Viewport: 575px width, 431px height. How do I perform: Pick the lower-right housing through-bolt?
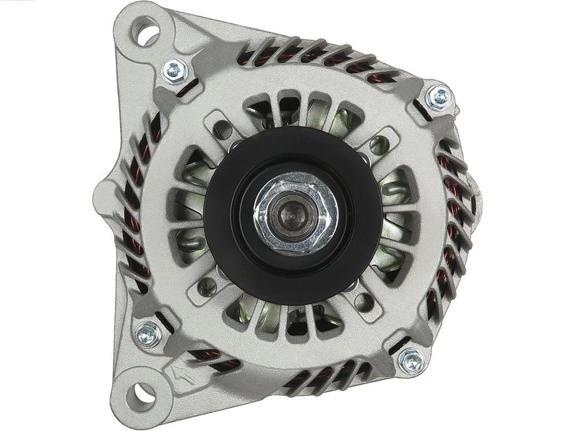coord(410,361)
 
